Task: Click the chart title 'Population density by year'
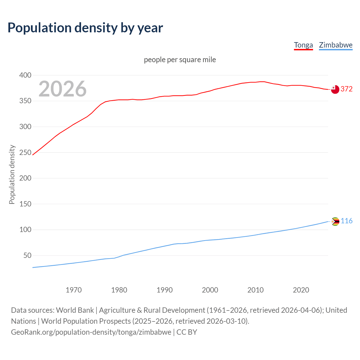tap(85, 28)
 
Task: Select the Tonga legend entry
tap(303, 45)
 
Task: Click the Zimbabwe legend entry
tap(336, 45)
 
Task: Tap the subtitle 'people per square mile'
tap(180, 60)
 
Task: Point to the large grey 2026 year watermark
tap(62, 89)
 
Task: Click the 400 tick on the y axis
tap(25, 75)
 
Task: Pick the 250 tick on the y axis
tap(25, 152)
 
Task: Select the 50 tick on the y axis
tap(27, 255)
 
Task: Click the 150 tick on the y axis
tap(25, 204)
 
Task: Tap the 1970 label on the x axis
tap(74, 290)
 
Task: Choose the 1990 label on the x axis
tap(165, 290)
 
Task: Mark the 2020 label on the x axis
tap(301, 290)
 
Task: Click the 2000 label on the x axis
tap(210, 290)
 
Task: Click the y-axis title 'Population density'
tap(12, 174)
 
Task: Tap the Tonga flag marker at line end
tap(335, 89)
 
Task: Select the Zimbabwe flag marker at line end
tap(335, 222)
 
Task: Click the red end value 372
tap(346, 89)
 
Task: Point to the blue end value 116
tap(346, 221)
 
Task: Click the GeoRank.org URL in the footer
tap(91, 332)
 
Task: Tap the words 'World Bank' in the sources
tap(75, 310)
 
